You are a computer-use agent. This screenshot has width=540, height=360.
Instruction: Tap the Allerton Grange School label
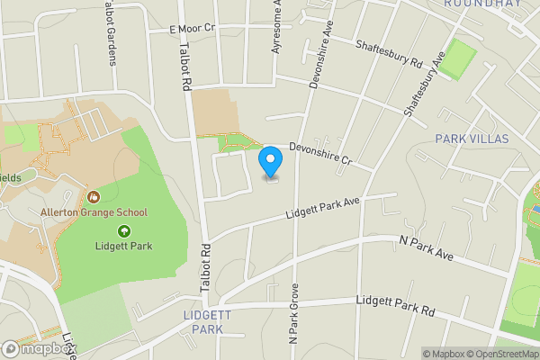point(94,212)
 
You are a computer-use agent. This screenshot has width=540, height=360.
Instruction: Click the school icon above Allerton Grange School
point(94,196)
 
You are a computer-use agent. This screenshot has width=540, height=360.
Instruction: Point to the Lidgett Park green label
point(124,246)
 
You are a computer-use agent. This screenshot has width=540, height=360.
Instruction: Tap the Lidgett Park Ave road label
point(322,208)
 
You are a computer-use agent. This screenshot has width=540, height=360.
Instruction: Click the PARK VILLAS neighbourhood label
point(472,139)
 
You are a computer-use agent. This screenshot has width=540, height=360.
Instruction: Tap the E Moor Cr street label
point(193,29)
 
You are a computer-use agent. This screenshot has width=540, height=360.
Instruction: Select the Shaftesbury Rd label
point(388,54)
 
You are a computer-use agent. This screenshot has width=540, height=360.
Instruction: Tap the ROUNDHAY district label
point(483,4)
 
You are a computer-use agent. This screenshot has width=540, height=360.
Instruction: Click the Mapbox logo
point(39,348)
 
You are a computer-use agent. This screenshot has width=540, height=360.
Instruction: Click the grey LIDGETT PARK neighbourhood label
point(208,322)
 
